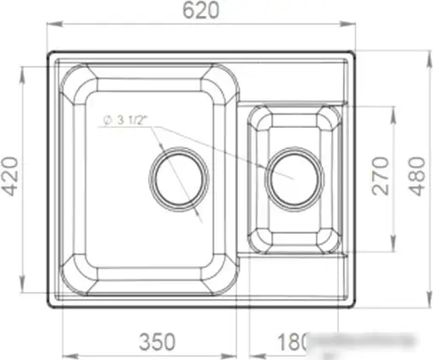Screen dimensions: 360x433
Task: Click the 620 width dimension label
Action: pyautogui.click(x=201, y=11)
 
